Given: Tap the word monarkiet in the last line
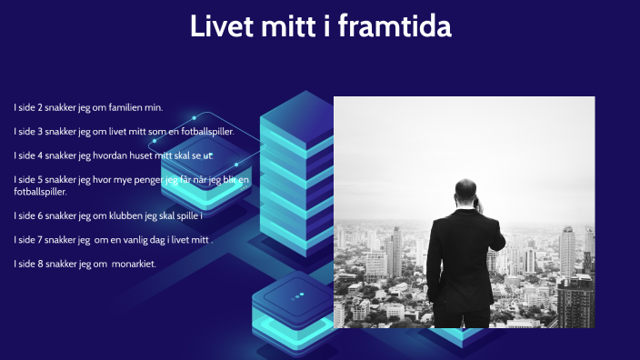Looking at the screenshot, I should coord(133,264).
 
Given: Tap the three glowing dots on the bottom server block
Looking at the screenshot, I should coord(297,298).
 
